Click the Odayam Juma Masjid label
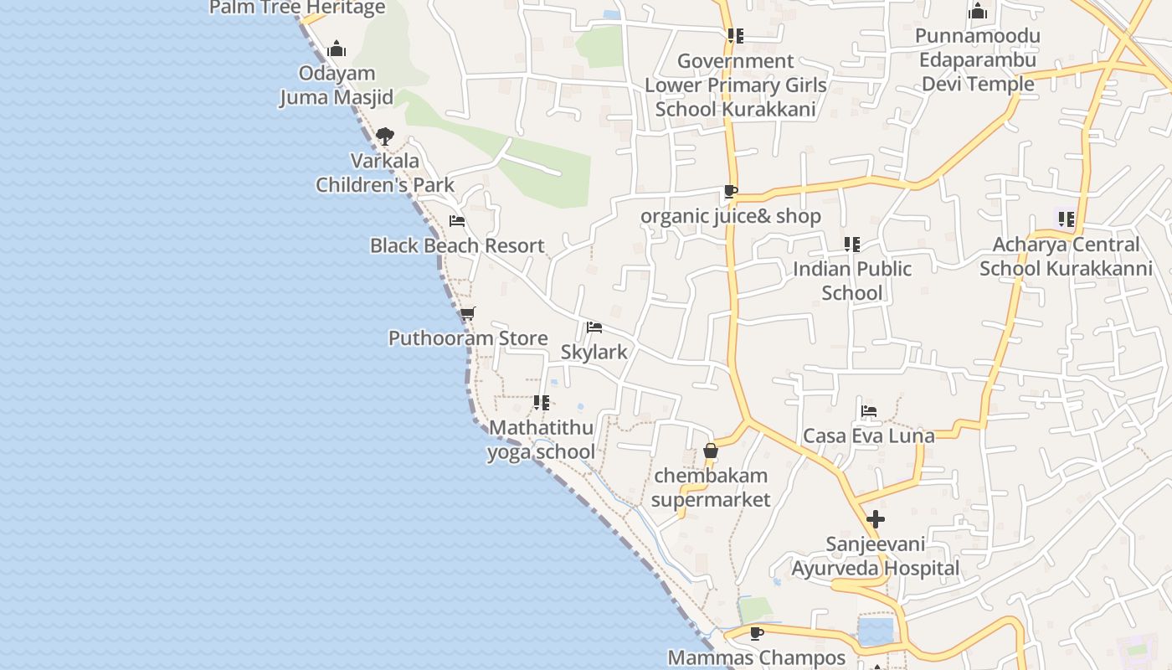point(336,85)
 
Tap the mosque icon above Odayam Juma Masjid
point(337,49)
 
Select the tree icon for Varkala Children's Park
point(384,136)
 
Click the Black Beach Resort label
point(457,245)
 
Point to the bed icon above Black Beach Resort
point(457,221)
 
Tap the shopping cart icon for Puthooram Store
point(467,314)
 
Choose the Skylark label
point(594,352)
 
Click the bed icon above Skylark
point(594,327)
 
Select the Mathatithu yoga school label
point(541,440)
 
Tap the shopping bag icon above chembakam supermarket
point(711,451)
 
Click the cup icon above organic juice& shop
point(730,191)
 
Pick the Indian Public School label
point(852,281)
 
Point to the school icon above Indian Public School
point(852,245)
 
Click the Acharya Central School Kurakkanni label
point(1066,256)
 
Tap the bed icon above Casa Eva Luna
point(869,411)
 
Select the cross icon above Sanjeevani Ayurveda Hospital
point(876,519)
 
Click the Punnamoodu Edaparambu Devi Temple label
point(978,59)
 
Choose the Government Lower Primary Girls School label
point(735,85)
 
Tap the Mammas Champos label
point(757,657)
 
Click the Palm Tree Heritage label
point(297,8)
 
